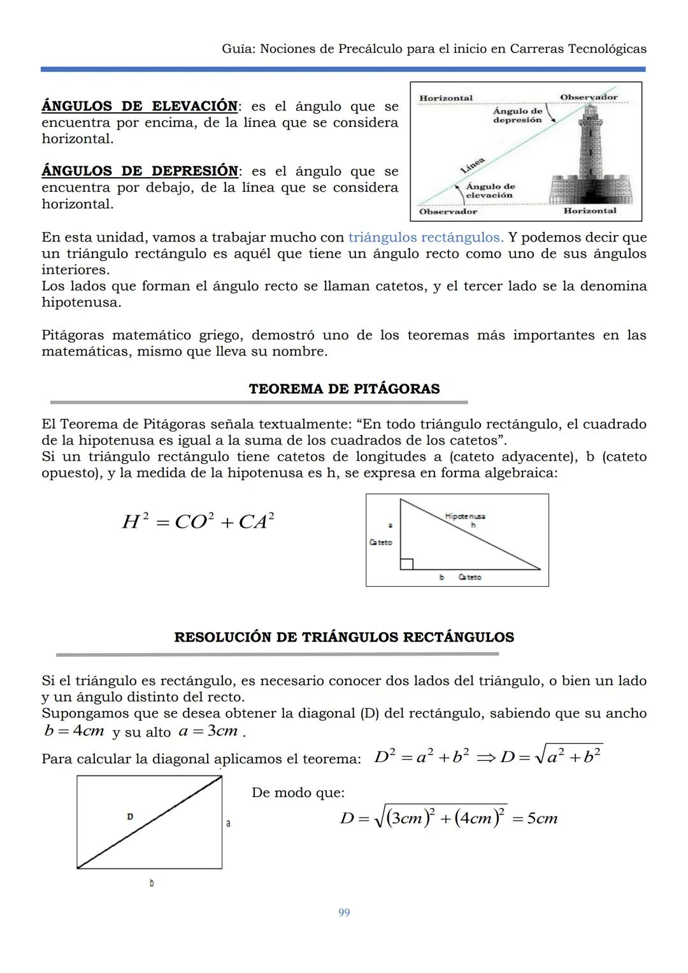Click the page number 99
pyautogui.click(x=344, y=912)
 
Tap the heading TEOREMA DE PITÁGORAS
pyautogui.click(x=344, y=389)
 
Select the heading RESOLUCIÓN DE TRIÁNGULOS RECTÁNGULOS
pyautogui.click(x=344, y=637)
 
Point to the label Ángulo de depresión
pyautogui.click(x=517, y=115)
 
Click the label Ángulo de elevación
pyautogui.click(x=490, y=191)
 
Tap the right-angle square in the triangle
pyautogui.click(x=406, y=563)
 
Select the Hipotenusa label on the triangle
pyautogui.click(x=465, y=517)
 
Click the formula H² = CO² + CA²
pyautogui.click(x=198, y=522)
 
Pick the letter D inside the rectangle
pyautogui.click(x=130, y=816)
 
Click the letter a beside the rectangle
pyautogui.click(x=228, y=823)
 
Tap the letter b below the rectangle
pyautogui.click(x=151, y=883)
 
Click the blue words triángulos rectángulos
pyautogui.click(x=426, y=238)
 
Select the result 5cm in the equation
pyautogui.click(x=542, y=819)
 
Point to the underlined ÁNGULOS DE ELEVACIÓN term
pyautogui.click(x=140, y=106)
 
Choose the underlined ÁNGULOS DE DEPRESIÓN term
pyautogui.click(x=140, y=171)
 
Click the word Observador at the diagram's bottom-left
pyautogui.click(x=448, y=212)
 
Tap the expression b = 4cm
pyautogui.click(x=74, y=731)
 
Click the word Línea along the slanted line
pyautogui.click(x=473, y=164)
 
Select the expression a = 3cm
pyautogui.click(x=208, y=731)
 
